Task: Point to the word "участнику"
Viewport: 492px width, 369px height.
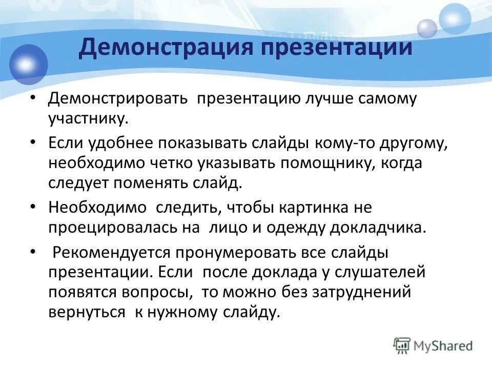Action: click(x=87, y=119)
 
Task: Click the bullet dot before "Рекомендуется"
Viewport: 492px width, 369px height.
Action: click(x=33, y=252)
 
